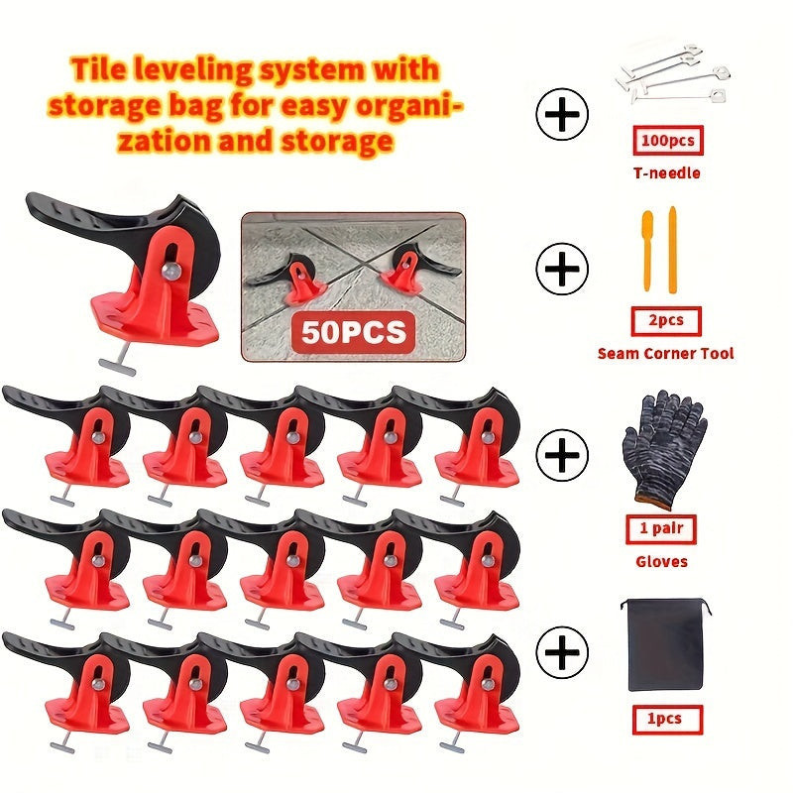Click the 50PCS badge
354,332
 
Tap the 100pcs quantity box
667,140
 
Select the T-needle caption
666,172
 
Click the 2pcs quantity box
666,320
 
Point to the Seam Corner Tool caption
665,353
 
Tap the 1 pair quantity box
661,529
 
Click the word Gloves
661,561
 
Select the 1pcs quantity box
667,720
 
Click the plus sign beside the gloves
562,455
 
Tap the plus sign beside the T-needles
562,114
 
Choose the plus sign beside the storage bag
562,652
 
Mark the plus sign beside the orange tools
562,269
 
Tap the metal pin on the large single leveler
171,271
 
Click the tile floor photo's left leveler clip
293,281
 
